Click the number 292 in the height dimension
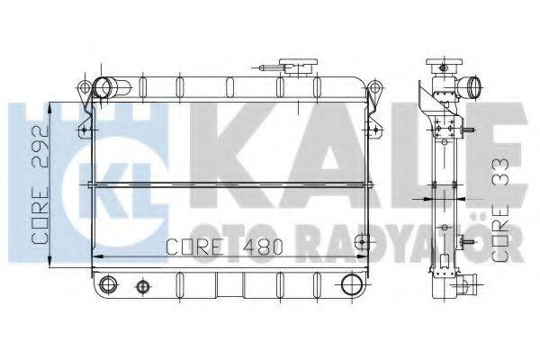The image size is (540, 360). [40, 147]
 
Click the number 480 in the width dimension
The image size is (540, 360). [263, 247]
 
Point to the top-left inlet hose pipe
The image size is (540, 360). [112, 87]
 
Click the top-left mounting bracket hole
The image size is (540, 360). [84, 86]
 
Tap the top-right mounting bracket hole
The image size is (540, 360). [375, 86]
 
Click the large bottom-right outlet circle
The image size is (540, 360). [352, 283]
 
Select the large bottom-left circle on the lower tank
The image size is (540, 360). [108, 284]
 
